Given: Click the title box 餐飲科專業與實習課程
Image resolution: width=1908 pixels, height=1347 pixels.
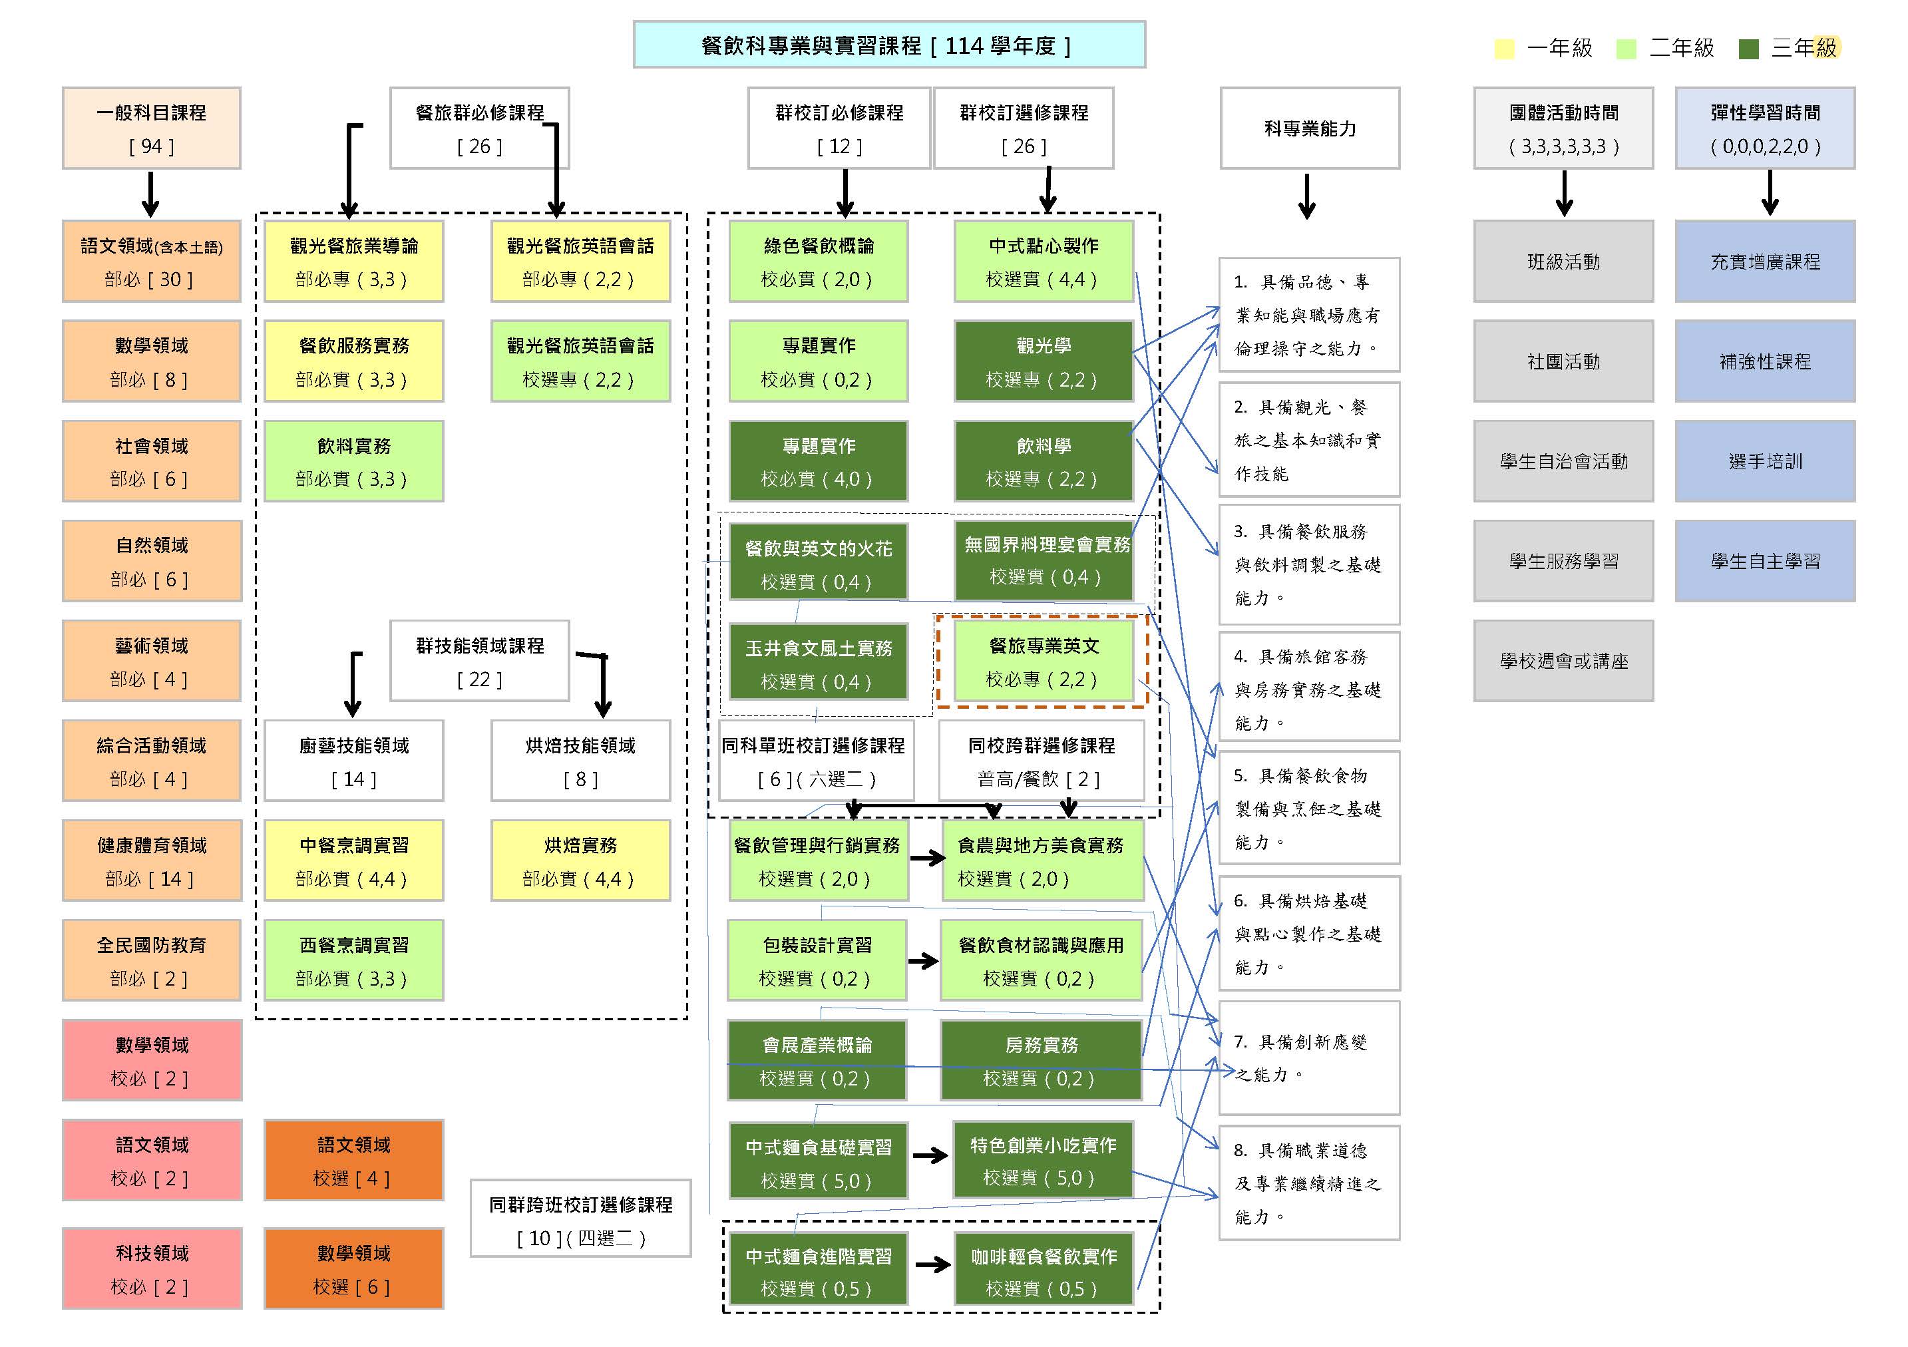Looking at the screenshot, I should pos(888,45).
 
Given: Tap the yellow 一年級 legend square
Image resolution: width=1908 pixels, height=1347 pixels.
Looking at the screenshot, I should pos(1503,48).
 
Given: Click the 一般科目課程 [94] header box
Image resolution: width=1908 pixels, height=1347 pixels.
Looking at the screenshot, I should pos(151,129).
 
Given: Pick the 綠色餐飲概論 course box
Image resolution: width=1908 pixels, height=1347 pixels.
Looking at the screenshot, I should pos(818,262).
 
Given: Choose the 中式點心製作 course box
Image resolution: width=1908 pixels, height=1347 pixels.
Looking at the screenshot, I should pos(1043,262).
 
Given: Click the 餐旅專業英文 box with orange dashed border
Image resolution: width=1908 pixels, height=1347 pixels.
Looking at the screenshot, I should pos(1043,662).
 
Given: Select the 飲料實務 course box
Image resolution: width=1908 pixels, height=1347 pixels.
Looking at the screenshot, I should pos(353,461).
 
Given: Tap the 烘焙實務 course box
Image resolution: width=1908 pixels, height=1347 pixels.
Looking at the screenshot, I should pos(580,861).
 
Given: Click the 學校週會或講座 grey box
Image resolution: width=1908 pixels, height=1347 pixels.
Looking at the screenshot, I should pos(1563,661).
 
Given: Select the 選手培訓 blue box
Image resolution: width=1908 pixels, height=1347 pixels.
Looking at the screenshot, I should pos(1764,461).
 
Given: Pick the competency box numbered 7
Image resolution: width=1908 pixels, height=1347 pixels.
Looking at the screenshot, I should pos(1309,1058).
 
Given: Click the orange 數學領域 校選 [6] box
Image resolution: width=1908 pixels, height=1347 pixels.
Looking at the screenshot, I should pos(353,1269).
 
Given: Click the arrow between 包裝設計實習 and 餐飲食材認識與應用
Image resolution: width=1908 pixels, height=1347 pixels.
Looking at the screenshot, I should pos(923,962).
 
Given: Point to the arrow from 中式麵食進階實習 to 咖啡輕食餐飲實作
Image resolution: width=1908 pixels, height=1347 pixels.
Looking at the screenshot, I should pos(932,1264).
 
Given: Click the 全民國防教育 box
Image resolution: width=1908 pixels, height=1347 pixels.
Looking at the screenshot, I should pos(151,960).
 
